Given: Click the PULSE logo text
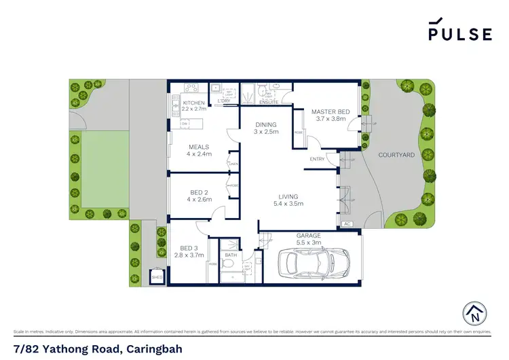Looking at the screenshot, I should tap(459, 34).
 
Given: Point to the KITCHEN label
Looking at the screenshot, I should tap(193, 103).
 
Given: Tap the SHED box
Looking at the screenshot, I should tap(157, 277).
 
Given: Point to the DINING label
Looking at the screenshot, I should tap(265, 124).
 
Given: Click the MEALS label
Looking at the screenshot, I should tap(199, 147).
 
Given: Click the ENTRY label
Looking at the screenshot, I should tap(317, 159).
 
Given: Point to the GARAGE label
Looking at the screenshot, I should tap(308, 236).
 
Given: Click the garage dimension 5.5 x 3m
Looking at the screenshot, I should tap(308, 242).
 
